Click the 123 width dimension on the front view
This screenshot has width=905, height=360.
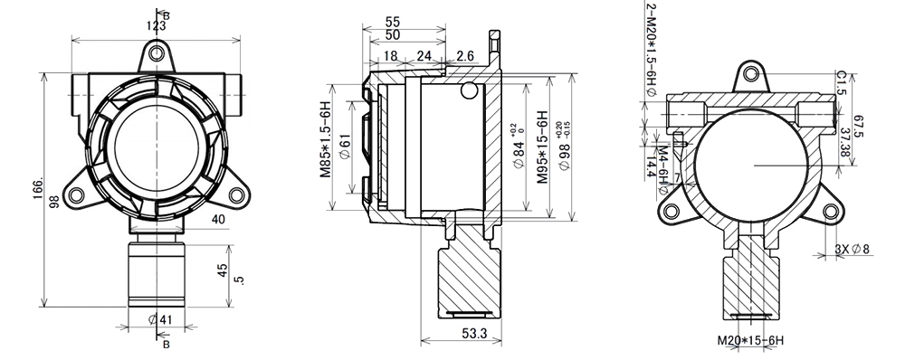pyautogui.click(x=156, y=26)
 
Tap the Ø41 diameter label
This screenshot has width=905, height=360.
pyautogui.click(x=159, y=318)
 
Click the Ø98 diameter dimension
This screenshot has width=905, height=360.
pyautogui.click(x=563, y=148)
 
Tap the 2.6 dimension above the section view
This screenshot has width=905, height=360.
pyautogui.click(x=465, y=56)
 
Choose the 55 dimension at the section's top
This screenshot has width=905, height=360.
pyautogui.click(x=393, y=21)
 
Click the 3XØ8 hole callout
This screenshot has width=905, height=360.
pyautogui.click(x=852, y=249)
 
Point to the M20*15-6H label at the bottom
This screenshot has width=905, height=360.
pyautogui.click(x=749, y=341)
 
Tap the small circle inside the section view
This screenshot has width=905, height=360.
pyautogui.click(x=469, y=90)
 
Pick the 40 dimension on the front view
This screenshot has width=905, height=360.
pyautogui.click(x=218, y=219)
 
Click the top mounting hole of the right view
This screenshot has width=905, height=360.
pyautogui.click(x=750, y=76)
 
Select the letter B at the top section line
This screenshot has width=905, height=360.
pyautogui.click(x=166, y=14)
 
